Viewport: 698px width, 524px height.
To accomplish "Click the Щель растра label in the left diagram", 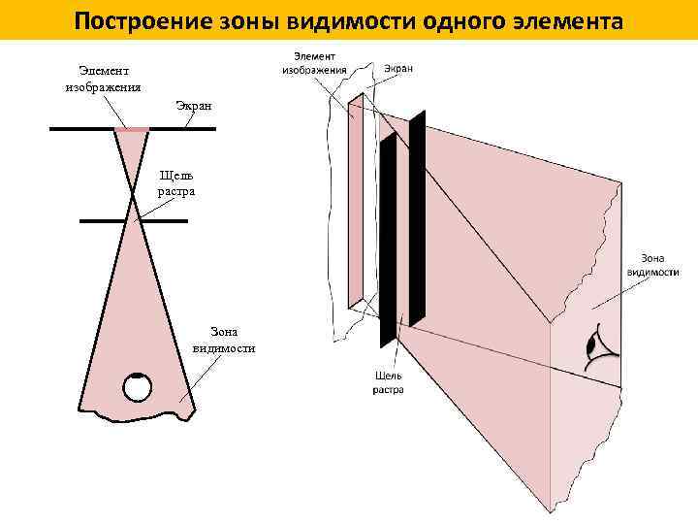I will click(x=176, y=182).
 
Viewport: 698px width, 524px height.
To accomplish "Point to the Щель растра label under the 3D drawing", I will click(x=389, y=381).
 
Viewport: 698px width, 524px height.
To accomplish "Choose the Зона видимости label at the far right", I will click(x=651, y=265).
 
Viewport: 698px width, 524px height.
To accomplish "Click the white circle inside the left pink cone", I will click(x=138, y=387).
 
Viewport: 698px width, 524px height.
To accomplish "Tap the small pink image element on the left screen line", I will click(x=132, y=128).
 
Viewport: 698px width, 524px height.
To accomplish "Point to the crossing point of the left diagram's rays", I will click(x=133, y=196).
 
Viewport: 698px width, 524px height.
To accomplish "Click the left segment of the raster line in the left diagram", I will click(x=104, y=221).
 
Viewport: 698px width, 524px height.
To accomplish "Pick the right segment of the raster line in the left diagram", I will click(x=164, y=221).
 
